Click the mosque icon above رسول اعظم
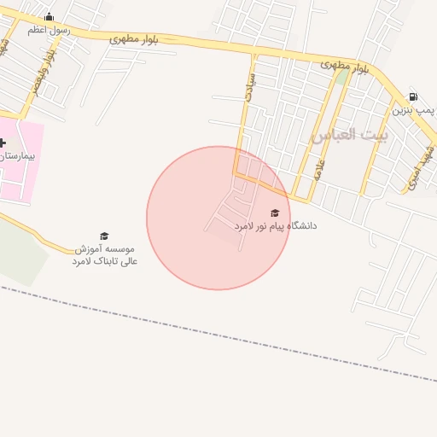(x=49, y=16)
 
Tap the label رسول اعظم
(x=49, y=30)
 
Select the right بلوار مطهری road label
(x=345, y=66)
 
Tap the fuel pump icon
(x=413, y=96)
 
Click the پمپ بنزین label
(x=414, y=110)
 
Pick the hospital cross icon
(x=3, y=143)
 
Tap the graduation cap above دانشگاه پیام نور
(x=275, y=213)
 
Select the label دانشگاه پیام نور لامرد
(x=275, y=226)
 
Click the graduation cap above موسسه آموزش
(x=104, y=236)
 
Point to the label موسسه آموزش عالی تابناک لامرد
(x=104, y=254)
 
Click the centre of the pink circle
(x=218, y=218)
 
